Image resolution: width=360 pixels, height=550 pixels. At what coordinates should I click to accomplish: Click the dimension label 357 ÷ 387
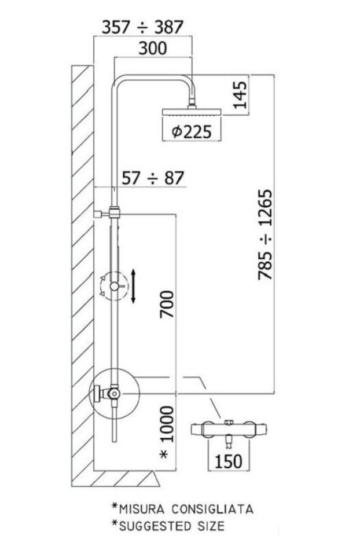tap(142, 27)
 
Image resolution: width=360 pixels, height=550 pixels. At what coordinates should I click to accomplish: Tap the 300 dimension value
tap(153, 47)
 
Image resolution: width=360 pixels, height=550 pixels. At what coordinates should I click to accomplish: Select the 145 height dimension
tap(240, 95)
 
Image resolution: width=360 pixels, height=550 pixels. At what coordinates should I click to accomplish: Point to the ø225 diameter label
tap(192, 132)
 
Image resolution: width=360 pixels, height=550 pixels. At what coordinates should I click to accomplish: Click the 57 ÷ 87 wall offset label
tap(153, 178)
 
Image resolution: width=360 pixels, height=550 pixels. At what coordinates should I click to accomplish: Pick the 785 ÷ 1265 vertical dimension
tap(265, 234)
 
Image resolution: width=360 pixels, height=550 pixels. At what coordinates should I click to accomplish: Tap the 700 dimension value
tap(167, 304)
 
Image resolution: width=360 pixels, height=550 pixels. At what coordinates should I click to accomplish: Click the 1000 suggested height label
tap(167, 424)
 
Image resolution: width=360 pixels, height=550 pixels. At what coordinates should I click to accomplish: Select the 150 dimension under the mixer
tap(229, 461)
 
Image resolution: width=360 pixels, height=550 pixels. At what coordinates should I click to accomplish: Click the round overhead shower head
tap(192, 112)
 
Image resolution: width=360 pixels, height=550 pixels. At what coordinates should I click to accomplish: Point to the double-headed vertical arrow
tap(133, 286)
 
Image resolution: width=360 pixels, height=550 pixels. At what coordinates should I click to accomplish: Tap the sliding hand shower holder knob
tap(115, 286)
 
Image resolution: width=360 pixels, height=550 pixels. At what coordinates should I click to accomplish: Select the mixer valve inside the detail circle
tap(109, 394)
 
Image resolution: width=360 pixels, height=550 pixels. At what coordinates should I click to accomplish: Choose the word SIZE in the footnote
tap(211, 526)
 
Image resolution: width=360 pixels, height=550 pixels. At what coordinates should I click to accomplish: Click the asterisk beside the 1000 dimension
tap(164, 455)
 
